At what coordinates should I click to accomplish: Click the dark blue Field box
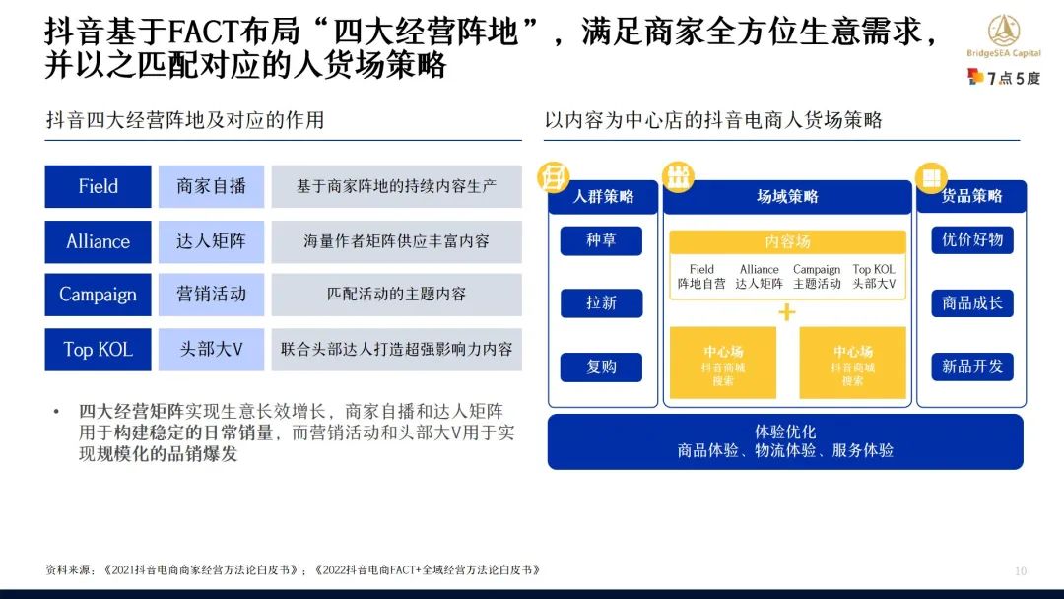(98, 186)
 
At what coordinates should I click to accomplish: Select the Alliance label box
(98, 241)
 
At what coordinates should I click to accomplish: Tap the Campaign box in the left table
(98, 295)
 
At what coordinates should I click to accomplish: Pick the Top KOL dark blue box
(98, 349)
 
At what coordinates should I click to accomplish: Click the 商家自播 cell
(211, 186)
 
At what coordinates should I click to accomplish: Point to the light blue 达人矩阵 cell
(211, 241)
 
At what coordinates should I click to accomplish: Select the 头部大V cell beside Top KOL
(211, 349)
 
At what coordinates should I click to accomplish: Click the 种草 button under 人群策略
(601, 240)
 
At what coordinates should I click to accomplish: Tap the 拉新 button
(601, 302)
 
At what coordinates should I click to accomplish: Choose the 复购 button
(601, 366)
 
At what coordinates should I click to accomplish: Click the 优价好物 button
(971, 240)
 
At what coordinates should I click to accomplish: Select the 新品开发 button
(971, 366)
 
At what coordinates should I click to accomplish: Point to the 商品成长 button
(971, 302)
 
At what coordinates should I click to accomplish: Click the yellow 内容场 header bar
(787, 242)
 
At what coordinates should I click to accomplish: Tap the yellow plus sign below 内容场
(787, 313)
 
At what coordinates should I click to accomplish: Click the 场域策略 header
(787, 197)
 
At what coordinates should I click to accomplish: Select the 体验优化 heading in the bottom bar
(785, 432)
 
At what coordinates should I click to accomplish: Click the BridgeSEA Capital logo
(1004, 39)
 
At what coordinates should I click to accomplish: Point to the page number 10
(1021, 571)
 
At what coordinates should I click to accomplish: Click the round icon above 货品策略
(929, 177)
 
